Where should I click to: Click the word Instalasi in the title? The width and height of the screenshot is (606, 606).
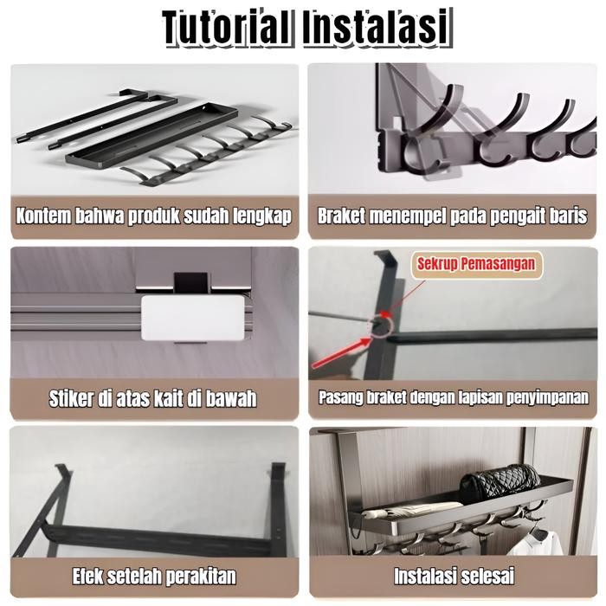377,28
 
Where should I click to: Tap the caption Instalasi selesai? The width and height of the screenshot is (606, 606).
454,576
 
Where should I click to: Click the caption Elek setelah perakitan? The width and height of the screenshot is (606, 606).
154,576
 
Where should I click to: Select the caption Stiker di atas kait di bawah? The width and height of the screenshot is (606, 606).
154,399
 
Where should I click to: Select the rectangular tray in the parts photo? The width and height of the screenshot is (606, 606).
147,131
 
